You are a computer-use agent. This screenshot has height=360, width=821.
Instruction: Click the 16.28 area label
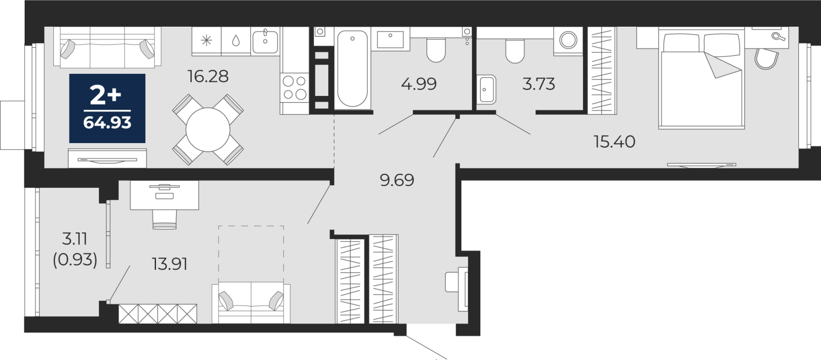(208, 76)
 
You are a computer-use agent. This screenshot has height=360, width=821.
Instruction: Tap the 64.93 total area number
(107, 123)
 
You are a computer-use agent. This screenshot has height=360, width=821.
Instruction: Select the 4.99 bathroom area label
(419, 84)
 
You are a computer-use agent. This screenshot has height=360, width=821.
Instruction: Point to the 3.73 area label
(538, 84)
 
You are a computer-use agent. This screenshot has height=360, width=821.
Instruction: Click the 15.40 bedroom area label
(615, 142)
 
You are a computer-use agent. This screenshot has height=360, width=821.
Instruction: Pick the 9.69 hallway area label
(397, 180)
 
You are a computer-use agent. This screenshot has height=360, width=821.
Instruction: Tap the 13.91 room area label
(170, 264)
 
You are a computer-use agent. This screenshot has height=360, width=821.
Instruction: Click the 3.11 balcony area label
(75, 239)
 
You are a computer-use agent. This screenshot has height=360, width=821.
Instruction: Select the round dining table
(208, 130)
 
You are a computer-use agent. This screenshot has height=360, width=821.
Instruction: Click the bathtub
(352, 69)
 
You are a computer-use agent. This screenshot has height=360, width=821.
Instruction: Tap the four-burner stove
(295, 88)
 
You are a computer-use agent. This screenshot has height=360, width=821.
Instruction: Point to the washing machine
(568, 41)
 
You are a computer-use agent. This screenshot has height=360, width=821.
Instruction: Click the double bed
(701, 79)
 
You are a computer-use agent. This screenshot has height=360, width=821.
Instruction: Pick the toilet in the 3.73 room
(515, 51)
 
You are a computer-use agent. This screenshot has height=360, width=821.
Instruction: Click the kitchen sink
(265, 41)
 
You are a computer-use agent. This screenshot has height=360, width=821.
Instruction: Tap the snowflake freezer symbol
(207, 41)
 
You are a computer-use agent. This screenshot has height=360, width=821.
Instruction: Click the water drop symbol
(236, 41)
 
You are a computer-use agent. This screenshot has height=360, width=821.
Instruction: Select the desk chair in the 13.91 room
(165, 219)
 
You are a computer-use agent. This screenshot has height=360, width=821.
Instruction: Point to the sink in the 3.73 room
(486, 90)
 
